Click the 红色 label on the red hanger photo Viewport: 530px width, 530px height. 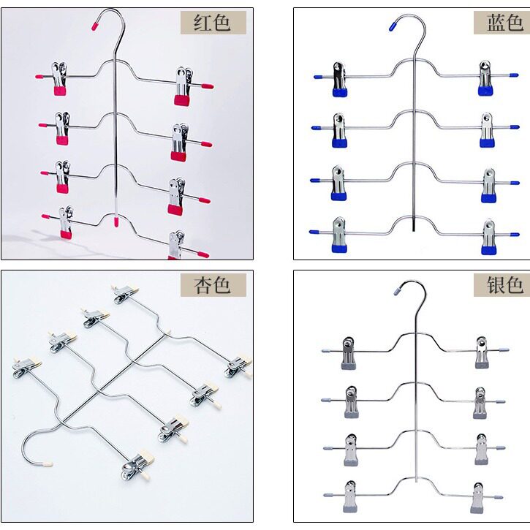coord(212,23)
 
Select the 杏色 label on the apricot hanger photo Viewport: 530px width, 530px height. coord(212,285)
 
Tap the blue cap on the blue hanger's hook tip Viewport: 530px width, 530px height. coord(393,26)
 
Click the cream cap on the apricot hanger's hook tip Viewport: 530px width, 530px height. coord(48,464)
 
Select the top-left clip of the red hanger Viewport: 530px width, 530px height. coord(59,78)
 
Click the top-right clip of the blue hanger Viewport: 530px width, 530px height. coord(485,78)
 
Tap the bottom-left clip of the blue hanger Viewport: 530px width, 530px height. coord(339,235)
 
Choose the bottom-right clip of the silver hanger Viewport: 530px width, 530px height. coord(477,498)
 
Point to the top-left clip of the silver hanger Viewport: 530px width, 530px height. coord(349,353)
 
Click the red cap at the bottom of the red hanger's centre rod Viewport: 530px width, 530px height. coord(116,222)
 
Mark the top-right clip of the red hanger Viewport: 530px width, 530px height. coord(183,86)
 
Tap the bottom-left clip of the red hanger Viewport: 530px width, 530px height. coord(66,222)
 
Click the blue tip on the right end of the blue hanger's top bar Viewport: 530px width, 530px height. coord(514,75)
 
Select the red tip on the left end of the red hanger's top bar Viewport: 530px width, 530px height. coord(39,77)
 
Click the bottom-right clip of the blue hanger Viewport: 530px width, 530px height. coord(488,237)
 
